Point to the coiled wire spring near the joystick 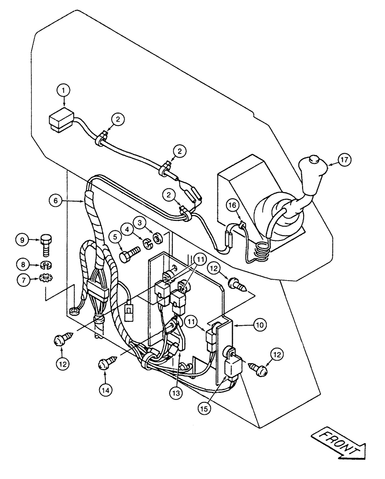pyautogui.click(x=260, y=251)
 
